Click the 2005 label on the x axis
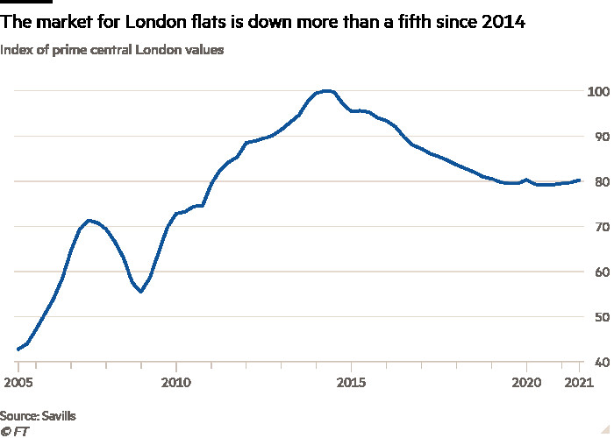tap(19, 383)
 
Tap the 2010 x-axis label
tap(176, 383)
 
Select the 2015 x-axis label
tap(351, 383)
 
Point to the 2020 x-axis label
tap(526, 383)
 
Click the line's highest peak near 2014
tap(326, 90)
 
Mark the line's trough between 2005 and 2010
tap(140, 292)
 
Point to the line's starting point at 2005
tap(18, 350)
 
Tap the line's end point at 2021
tap(580, 180)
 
